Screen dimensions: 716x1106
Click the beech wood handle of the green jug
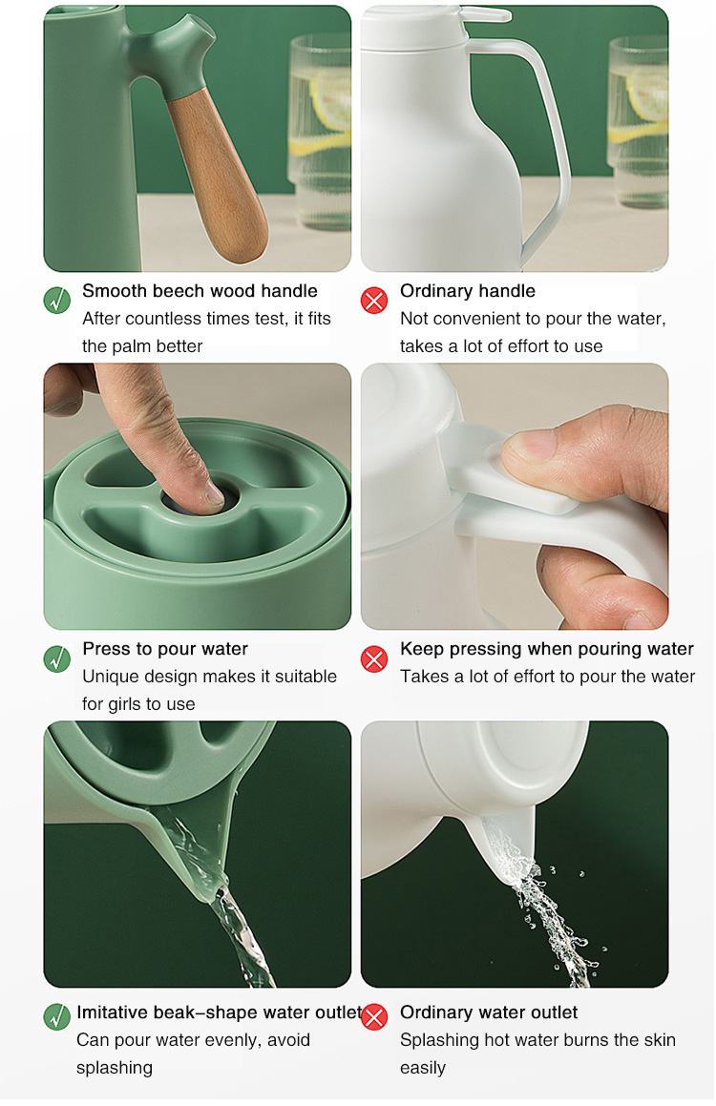point(219,177)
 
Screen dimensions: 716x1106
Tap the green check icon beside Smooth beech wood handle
point(57,300)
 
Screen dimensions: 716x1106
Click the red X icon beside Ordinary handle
point(374,301)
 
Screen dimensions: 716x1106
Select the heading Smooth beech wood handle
point(200,291)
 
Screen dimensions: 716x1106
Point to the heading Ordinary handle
point(468,291)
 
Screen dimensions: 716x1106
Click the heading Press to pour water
point(165,649)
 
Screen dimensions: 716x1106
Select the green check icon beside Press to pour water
point(57,658)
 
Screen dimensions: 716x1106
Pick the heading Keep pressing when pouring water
point(547,649)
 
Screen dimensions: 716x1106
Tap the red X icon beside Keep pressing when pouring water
point(374,658)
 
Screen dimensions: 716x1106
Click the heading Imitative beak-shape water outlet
point(219,1012)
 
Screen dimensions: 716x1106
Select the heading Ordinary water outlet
point(489,1012)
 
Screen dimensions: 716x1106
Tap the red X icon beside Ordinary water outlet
point(374,1017)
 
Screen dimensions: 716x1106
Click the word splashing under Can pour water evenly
point(115,1068)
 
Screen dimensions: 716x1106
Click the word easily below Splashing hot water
point(423,1068)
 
